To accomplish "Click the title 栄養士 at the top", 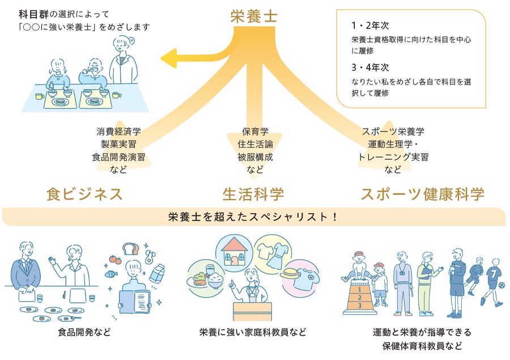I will click(254, 16).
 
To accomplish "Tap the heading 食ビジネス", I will click(84, 194).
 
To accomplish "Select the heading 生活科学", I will click(253, 194).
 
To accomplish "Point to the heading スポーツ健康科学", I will click(423, 194).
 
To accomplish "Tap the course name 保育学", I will click(255, 132).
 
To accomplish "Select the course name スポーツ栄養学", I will click(393, 132).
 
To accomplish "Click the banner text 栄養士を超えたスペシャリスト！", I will click(253, 217).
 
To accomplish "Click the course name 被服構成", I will click(255, 156).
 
